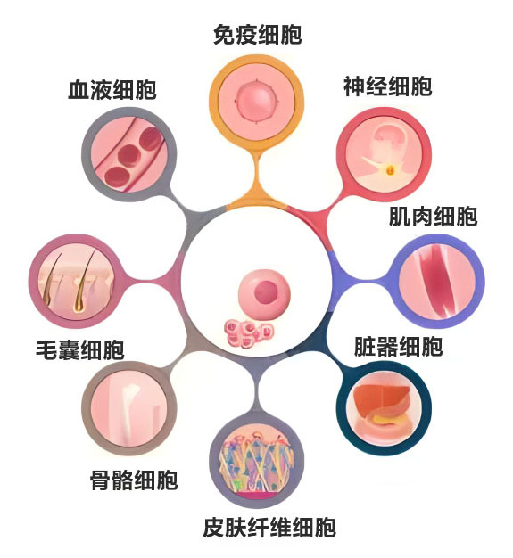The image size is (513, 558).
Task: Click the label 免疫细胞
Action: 258,35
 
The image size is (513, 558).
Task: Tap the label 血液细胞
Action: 112,90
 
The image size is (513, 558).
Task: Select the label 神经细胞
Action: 387,86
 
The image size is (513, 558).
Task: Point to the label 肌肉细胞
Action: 433,217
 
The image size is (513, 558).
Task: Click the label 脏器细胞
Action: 398,346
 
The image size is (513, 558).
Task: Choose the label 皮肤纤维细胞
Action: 269,528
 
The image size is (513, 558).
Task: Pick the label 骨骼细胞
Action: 134,480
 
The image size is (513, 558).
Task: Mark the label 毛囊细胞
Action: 80,349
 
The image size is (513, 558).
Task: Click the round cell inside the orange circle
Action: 257,101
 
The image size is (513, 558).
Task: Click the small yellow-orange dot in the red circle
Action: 391,171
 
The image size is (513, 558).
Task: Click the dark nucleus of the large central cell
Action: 266,292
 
